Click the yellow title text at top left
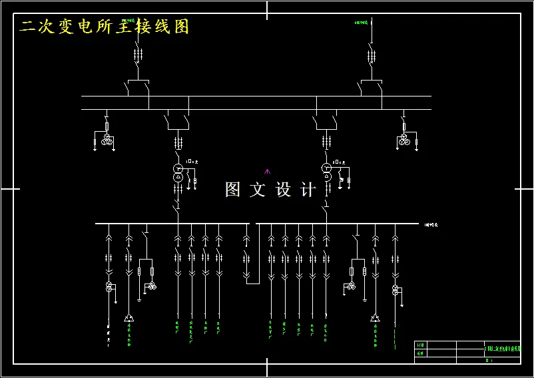click(x=105, y=27)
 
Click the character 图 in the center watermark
click(x=232, y=190)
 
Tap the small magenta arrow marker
click(x=268, y=172)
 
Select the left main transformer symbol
click(x=178, y=172)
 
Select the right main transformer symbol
click(x=326, y=172)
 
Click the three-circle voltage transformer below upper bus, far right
click(x=403, y=139)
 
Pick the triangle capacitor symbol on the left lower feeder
click(x=129, y=318)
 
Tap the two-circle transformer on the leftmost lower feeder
click(x=109, y=287)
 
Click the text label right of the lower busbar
click(x=431, y=225)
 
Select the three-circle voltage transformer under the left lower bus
click(x=152, y=285)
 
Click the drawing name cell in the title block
click(x=501, y=348)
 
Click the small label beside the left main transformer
click(x=193, y=161)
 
